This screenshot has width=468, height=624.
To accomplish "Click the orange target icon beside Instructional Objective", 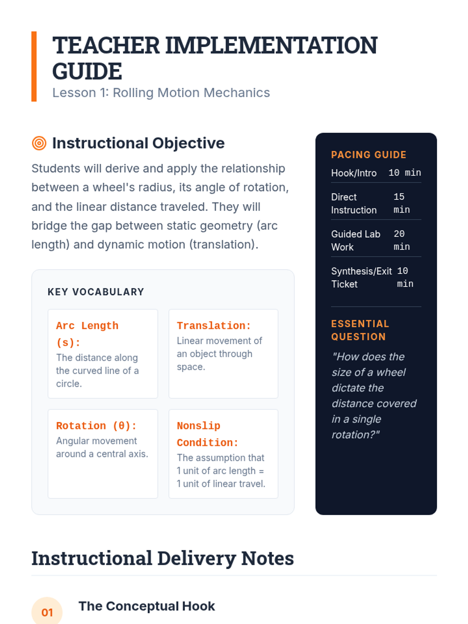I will click(39, 143).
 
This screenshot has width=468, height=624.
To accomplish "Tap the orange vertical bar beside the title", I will click(34, 66).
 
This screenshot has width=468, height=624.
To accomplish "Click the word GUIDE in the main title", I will click(87, 71).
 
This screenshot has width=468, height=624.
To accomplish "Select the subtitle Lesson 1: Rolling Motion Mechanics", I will click(161, 93).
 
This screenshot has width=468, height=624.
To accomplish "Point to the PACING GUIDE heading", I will click(369, 155).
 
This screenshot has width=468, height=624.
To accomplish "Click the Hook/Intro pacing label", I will click(354, 173).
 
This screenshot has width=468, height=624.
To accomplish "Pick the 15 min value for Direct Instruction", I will click(401, 203).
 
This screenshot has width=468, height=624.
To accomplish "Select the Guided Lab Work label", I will click(355, 240).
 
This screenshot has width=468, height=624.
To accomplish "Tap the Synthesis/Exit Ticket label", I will click(361, 277).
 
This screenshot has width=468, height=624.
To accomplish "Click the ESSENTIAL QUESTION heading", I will click(360, 330).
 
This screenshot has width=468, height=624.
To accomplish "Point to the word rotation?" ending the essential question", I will click(355, 434).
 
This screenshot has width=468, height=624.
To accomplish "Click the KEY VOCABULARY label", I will click(96, 292).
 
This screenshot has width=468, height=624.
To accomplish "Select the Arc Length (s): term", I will click(87, 334).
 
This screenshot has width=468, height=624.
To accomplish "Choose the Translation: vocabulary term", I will click(214, 326).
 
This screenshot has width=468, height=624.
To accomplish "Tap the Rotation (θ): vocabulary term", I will click(96, 425).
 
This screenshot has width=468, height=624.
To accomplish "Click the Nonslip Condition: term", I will click(207, 434).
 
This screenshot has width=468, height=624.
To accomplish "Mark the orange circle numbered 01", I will click(47, 612).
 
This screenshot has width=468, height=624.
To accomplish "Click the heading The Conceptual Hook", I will click(147, 606).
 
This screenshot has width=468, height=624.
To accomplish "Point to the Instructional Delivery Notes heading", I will click(163, 558).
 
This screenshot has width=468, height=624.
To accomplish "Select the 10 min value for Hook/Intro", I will click(404, 173).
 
